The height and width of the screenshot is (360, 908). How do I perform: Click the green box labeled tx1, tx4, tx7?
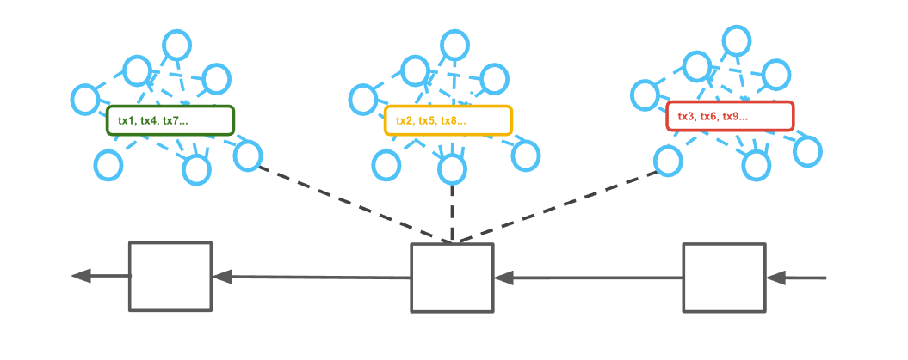click(x=170, y=120)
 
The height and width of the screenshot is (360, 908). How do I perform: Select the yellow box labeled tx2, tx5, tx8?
click(x=448, y=120)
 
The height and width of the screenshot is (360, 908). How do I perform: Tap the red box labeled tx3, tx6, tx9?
click(x=730, y=116)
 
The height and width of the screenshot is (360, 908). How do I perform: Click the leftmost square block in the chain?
click(x=170, y=276)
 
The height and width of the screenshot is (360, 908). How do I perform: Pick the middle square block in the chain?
click(x=452, y=278)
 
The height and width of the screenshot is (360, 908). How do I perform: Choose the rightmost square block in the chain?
click(x=724, y=277)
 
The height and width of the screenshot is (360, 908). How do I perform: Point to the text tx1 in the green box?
click(x=127, y=121)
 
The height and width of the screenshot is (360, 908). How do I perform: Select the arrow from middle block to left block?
click(x=310, y=277)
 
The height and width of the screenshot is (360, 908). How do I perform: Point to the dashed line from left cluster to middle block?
click(x=353, y=204)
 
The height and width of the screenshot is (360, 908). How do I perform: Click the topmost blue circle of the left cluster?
click(x=176, y=44)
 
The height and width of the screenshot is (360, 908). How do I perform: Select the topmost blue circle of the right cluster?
click(x=738, y=39)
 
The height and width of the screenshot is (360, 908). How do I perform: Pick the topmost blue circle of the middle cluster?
click(x=455, y=44)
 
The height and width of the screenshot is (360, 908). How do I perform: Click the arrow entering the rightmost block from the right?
click(x=796, y=278)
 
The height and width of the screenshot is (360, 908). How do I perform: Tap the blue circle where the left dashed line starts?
click(x=247, y=156)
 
